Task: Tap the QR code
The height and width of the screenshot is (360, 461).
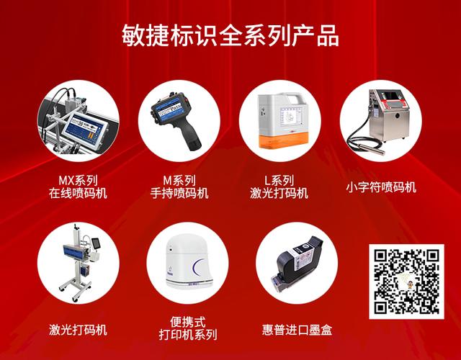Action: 406,282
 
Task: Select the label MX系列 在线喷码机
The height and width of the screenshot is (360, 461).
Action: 79,186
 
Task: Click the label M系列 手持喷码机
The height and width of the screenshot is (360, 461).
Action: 179,186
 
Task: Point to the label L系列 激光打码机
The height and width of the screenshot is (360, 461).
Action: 279,186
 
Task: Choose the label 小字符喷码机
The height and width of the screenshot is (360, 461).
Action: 381,187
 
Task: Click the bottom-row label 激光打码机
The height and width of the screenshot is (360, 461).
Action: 79,330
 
